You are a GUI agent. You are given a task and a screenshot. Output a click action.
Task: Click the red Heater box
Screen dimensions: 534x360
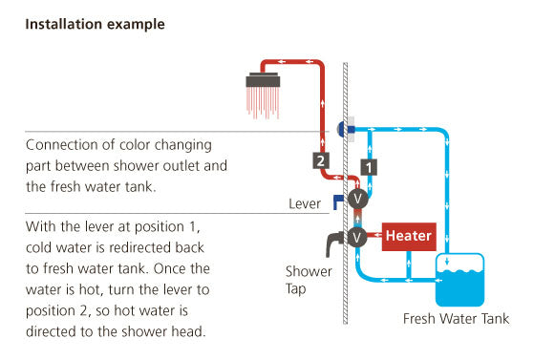coord(409,237)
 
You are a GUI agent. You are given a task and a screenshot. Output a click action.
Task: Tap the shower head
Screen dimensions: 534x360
coord(263,79)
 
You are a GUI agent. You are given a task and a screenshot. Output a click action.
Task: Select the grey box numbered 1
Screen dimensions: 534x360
coord(369,167)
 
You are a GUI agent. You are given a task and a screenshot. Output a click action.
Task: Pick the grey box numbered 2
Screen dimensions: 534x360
coord(321,160)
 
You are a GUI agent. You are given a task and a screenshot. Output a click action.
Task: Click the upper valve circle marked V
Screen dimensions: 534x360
coord(357,199)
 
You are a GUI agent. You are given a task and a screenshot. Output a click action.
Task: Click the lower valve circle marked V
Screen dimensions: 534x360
coord(357,237)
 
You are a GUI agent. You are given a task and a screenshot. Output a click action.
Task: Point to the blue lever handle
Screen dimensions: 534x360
coord(338,201)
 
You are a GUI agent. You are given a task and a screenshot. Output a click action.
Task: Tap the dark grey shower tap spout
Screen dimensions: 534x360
coord(332,242)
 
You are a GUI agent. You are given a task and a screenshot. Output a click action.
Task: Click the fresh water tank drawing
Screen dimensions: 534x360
coord(459,280)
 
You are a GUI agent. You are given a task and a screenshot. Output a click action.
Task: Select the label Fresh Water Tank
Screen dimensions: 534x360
coord(456,319)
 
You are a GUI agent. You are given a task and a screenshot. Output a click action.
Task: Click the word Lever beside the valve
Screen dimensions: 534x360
coord(305,203)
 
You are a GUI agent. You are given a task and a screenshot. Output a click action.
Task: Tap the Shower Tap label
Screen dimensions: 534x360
coord(309,280)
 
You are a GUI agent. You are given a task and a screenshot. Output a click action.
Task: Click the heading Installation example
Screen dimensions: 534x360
coord(95,25)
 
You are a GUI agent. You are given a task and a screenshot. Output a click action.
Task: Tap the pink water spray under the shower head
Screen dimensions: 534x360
coord(263,103)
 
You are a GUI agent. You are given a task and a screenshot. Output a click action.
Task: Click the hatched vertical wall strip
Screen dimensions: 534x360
coord(345,193)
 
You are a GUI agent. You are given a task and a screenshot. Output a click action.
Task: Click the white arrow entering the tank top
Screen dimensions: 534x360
coord(447,261)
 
